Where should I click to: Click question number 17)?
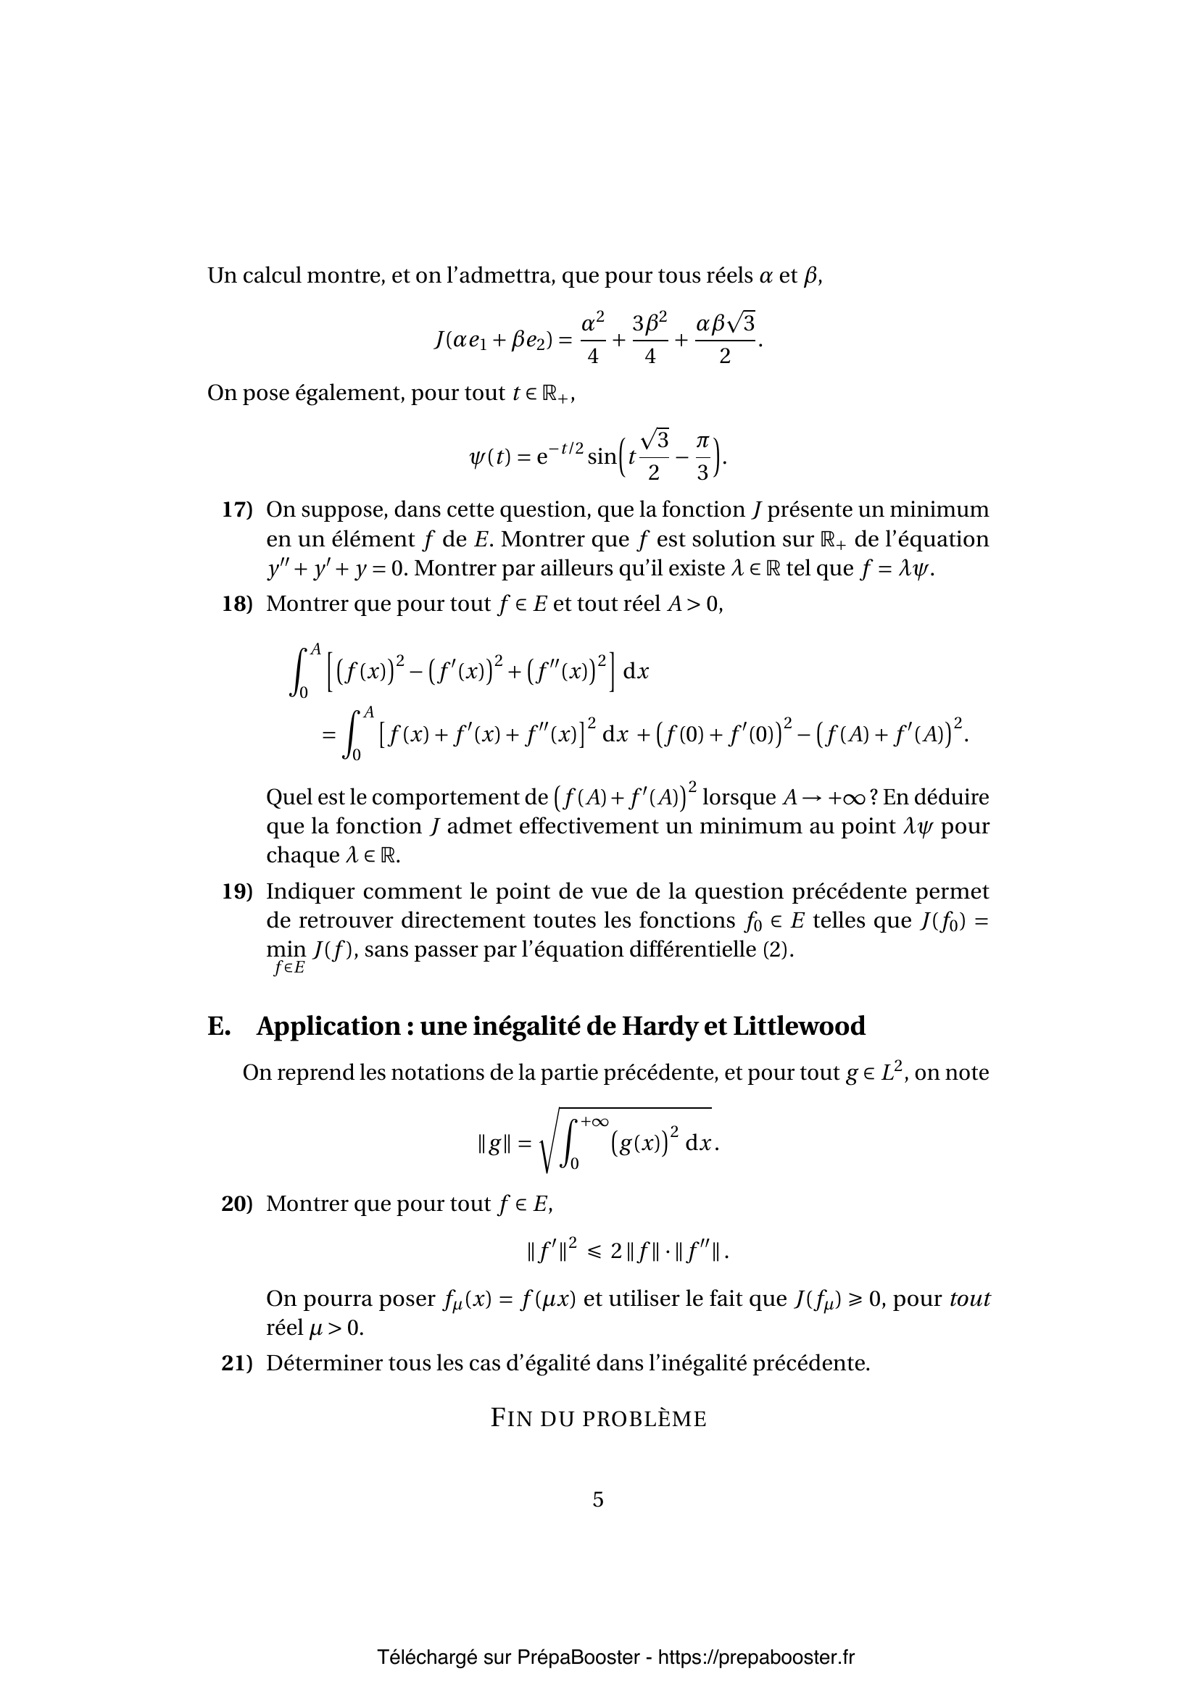tap(237, 510)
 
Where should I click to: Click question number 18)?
tap(237, 604)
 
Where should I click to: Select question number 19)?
tap(237, 892)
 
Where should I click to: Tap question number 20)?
tap(237, 1204)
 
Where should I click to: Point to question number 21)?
tap(237, 1364)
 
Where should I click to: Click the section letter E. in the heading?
tap(219, 1027)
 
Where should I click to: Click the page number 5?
tap(598, 1500)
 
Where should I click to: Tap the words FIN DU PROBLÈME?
tap(599, 1419)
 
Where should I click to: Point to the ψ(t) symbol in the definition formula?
tap(489, 458)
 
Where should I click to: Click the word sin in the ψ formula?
tap(602, 458)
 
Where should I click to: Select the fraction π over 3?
tap(702, 458)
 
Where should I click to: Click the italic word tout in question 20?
tap(969, 1299)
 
